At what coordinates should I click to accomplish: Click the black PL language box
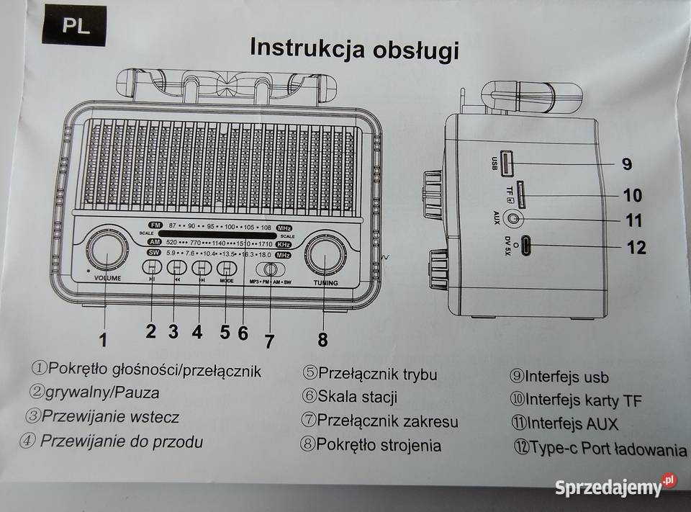[74, 26]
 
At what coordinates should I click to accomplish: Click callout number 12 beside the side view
[636, 248]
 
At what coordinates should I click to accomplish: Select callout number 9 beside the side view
[627, 164]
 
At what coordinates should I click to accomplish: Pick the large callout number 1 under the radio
[103, 338]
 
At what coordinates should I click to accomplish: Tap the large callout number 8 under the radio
[322, 338]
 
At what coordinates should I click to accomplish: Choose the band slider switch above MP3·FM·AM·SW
[271, 269]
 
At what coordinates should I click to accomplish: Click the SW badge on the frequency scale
[153, 253]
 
